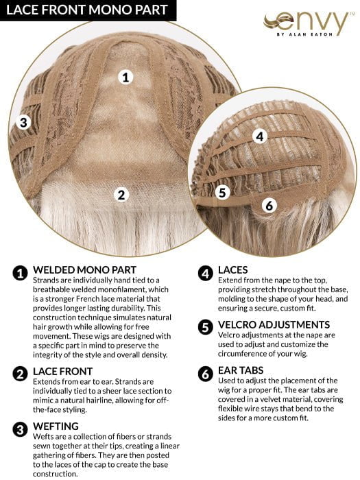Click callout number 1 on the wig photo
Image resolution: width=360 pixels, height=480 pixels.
[x=125, y=77]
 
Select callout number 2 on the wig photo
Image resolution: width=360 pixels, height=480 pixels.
[x=121, y=195]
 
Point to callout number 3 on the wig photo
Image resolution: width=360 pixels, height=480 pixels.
[x=24, y=123]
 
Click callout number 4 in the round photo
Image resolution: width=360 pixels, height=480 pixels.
[x=259, y=136]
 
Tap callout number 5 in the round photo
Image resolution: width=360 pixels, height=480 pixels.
[x=221, y=193]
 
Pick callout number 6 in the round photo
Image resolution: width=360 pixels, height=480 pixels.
[x=269, y=205]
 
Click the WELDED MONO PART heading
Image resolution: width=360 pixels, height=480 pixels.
[x=84, y=269]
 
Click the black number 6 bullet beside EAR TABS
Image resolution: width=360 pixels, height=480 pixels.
[x=204, y=374]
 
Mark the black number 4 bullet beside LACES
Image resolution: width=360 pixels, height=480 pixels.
[x=204, y=273]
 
